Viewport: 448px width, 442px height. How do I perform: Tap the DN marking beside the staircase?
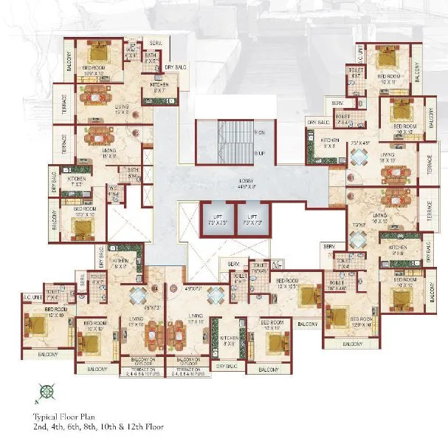point(261,133)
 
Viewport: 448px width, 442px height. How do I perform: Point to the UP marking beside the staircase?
point(261,153)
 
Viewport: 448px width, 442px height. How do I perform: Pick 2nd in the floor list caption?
point(40,426)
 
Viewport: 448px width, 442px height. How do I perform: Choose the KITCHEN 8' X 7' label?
point(163,88)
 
